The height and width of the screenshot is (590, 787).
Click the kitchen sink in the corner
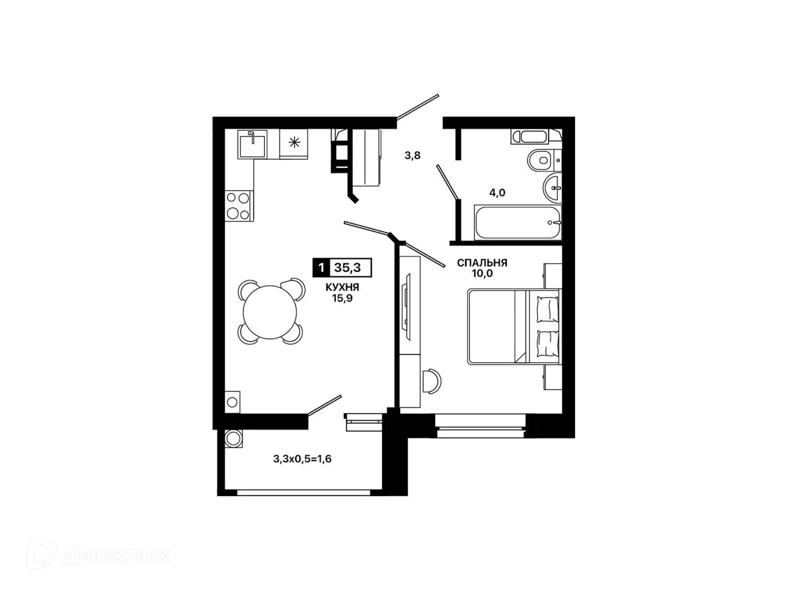tap(252, 144)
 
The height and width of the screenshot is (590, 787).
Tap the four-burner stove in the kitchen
tap(238, 206)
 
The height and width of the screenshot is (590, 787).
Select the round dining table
tap(271, 311)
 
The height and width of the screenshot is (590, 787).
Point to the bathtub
tap(518, 222)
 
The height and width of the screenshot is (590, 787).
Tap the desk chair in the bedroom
tap(432, 381)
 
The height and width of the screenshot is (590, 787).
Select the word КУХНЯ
tap(342, 287)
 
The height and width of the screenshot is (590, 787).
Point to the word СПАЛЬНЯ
tap(482, 263)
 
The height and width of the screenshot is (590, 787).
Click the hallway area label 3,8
tap(412, 156)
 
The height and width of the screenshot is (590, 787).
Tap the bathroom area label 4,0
tap(497, 193)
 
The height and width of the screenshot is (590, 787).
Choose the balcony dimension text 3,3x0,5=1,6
tap(302, 458)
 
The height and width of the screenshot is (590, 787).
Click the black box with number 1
tap(321, 267)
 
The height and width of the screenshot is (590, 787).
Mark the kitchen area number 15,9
tap(342, 298)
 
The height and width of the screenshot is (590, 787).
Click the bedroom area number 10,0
tap(482, 273)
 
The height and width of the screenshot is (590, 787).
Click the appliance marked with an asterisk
tap(294, 144)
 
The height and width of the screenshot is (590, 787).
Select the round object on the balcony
tap(233, 438)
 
